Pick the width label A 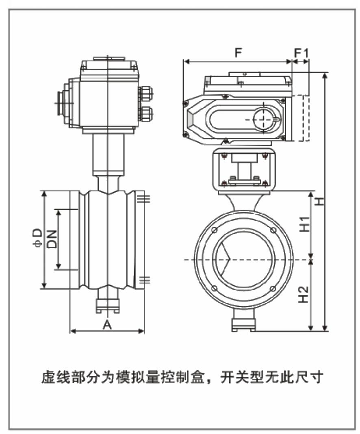coord(107,324)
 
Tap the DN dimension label coord(52,239)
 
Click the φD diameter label coord(37,239)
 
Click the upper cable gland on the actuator coord(146,94)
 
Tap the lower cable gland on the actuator coord(146,113)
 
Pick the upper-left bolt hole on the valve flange coord(214,230)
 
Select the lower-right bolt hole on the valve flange coord(273,289)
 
